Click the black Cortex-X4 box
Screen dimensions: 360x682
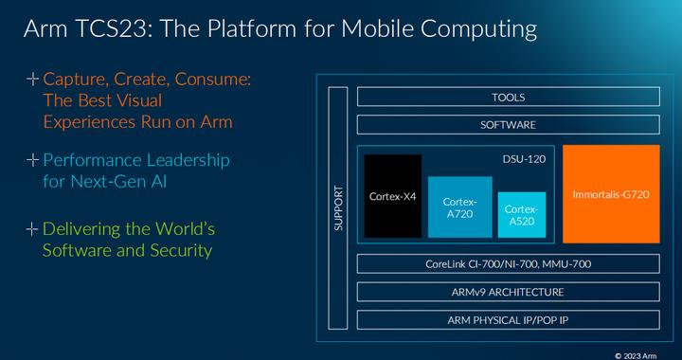[x=393, y=197]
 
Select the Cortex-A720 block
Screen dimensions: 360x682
[x=459, y=207]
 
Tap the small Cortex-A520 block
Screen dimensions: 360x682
[x=521, y=215]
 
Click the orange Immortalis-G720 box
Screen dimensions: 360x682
[x=611, y=193]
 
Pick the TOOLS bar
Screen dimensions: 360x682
[x=508, y=97]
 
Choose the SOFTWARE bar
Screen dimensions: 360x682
[x=508, y=124]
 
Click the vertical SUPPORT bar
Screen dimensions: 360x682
[x=338, y=207]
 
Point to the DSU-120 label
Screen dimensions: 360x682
[x=524, y=158]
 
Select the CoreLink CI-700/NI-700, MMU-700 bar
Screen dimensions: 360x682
[x=508, y=264]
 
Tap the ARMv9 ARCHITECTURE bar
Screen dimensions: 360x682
[x=508, y=292]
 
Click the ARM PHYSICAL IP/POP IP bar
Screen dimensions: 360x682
[x=508, y=319]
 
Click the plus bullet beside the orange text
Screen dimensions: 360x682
[x=33, y=81]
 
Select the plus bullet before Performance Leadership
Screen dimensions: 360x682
[x=33, y=159]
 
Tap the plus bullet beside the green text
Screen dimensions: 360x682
[x=33, y=228]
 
